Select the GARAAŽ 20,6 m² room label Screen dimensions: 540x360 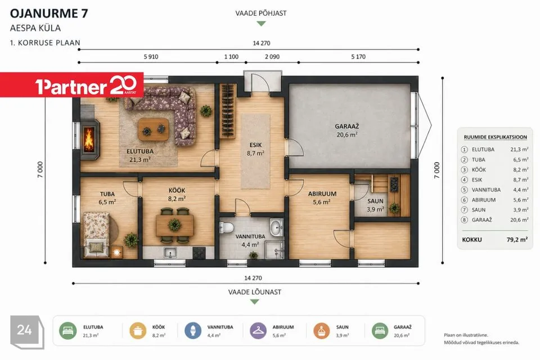(347, 130)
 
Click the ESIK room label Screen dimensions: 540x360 (255, 145)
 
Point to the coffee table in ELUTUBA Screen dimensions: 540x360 (154, 129)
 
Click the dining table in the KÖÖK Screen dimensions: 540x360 (174, 225)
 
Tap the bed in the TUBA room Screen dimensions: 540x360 (96, 235)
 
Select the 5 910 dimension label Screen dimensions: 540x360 (151, 57)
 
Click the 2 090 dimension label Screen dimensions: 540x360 (272, 57)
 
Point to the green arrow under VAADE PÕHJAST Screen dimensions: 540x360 (262, 24)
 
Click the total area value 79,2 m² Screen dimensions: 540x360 (517, 240)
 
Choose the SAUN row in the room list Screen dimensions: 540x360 (494, 209)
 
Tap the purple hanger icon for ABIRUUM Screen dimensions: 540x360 (258, 331)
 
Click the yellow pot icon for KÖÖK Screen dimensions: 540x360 (138, 331)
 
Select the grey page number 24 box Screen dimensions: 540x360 (26, 331)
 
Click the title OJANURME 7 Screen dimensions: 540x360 (49, 13)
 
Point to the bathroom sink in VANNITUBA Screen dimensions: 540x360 (276, 227)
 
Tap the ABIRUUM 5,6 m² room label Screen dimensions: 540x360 (322, 198)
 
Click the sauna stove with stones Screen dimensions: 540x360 (394, 184)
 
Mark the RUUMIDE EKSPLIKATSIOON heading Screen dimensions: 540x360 (495, 137)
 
